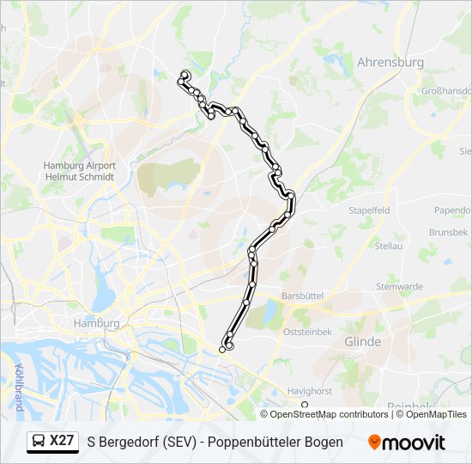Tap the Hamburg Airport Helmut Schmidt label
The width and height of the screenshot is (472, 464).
pyautogui.click(x=78, y=172)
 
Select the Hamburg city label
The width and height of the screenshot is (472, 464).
pyautogui.click(x=96, y=323)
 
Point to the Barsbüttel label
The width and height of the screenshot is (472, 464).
pyautogui.click(x=301, y=296)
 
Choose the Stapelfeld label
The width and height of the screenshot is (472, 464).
pyautogui.click(x=369, y=210)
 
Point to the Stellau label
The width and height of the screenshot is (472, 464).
pyautogui.click(x=389, y=246)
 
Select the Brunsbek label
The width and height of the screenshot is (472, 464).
pyautogui.click(x=448, y=233)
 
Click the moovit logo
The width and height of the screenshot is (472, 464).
pyautogui.click(x=407, y=443)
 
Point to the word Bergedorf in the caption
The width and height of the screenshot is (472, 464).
pyautogui.click(x=131, y=442)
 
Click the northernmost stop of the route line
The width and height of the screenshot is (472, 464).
pyautogui.click(x=185, y=74)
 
